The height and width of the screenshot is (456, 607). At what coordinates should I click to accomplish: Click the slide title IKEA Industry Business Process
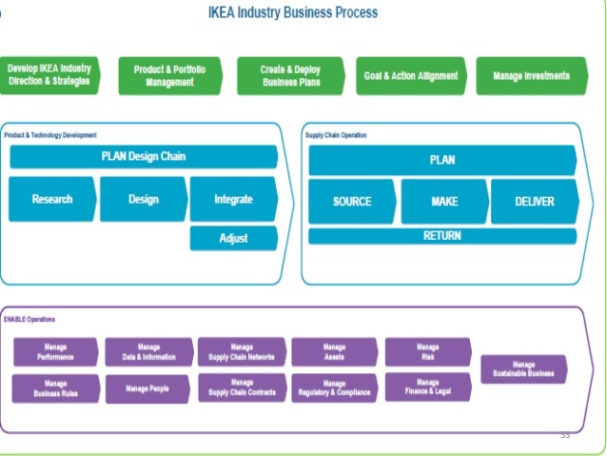click(292, 12)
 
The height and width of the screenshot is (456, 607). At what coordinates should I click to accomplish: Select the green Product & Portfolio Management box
click(169, 76)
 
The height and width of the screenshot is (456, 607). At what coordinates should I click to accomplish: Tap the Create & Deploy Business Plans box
click(291, 76)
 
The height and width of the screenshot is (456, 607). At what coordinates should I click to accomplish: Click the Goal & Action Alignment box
click(411, 76)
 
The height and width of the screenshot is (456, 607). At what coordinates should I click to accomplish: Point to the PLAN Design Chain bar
click(143, 157)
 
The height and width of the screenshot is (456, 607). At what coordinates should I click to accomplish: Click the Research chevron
click(52, 200)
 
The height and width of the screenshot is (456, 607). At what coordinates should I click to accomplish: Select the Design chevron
click(143, 200)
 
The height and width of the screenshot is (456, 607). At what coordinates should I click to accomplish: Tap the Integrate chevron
click(233, 200)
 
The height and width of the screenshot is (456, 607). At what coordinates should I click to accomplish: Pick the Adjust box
click(233, 238)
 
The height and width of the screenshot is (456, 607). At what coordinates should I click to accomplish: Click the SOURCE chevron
click(351, 202)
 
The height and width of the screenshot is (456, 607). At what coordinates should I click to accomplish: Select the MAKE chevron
click(442, 202)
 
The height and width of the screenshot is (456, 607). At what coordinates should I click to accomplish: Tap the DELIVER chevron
click(534, 202)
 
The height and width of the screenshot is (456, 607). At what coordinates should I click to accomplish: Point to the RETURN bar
click(441, 236)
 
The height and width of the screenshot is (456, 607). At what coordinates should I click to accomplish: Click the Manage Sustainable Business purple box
click(523, 369)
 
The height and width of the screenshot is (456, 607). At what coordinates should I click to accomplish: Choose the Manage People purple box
click(147, 388)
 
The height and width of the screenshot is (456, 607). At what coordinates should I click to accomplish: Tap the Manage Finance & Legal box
click(427, 387)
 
